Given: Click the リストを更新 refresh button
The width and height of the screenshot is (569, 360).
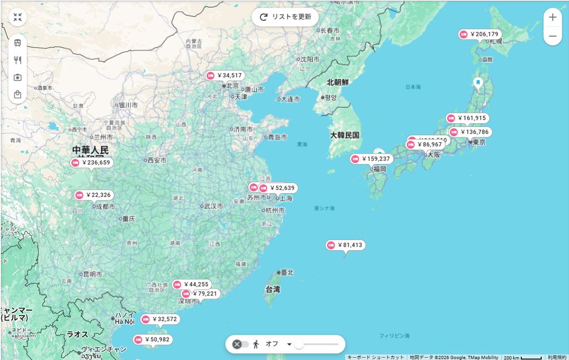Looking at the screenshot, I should click(285, 17).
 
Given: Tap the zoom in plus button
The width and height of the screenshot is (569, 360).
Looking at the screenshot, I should click(553, 17).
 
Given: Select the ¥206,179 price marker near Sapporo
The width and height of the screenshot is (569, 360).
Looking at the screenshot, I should click(480, 34).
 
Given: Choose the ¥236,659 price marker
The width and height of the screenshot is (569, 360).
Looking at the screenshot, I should click(91, 162).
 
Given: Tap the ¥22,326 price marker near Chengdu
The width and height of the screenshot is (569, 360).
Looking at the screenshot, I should click(95, 195).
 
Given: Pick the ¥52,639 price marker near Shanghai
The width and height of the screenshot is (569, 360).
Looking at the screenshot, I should click(278, 188).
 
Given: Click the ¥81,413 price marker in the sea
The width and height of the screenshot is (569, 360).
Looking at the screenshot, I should click(345, 245).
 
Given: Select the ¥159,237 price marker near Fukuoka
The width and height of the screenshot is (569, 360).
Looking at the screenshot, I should click(371, 159).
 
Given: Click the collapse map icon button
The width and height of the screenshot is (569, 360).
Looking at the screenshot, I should click(18, 17).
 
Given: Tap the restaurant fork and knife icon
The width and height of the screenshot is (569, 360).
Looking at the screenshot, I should click(18, 60).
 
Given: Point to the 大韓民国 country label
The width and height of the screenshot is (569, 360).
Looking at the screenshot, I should click(345, 135).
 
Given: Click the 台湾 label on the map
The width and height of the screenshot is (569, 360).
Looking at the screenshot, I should click(273, 289).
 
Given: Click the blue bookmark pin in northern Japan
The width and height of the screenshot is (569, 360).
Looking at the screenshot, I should click(478, 83).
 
